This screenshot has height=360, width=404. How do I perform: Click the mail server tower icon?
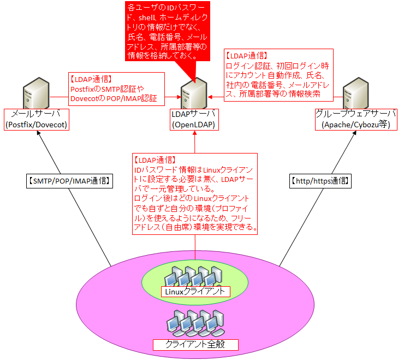[35, 95]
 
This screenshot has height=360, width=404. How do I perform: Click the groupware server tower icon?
[355, 95]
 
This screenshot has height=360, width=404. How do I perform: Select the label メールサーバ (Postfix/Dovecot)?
[35, 120]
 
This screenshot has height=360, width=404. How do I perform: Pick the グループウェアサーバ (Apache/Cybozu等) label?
[354, 120]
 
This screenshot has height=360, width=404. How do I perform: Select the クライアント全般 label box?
[195, 344]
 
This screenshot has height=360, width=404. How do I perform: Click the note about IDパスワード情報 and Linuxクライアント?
[195, 194]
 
